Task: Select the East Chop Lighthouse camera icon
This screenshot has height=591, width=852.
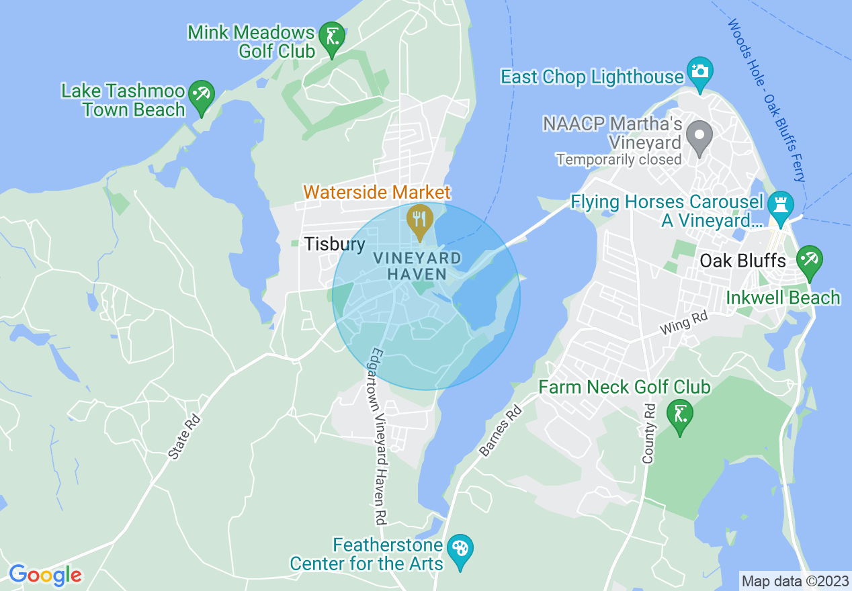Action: (x=699, y=71)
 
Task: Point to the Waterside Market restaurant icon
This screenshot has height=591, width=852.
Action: (x=420, y=219)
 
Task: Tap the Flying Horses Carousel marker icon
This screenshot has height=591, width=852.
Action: (x=780, y=206)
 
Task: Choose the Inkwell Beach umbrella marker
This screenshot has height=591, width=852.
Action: (x=809, y=260)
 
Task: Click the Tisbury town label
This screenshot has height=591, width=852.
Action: (x=335, y=244)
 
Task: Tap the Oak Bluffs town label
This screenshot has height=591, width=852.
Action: (x=742, y=261)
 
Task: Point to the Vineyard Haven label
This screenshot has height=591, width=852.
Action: (x=417, y=266)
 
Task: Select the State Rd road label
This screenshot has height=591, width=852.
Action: (x=184, y=437)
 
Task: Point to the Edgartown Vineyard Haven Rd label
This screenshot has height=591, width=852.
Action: (x=379, y=437)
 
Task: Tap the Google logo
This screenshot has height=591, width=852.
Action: (x=45, y=575)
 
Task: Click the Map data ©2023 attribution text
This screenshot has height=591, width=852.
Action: (x=794, y=580)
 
